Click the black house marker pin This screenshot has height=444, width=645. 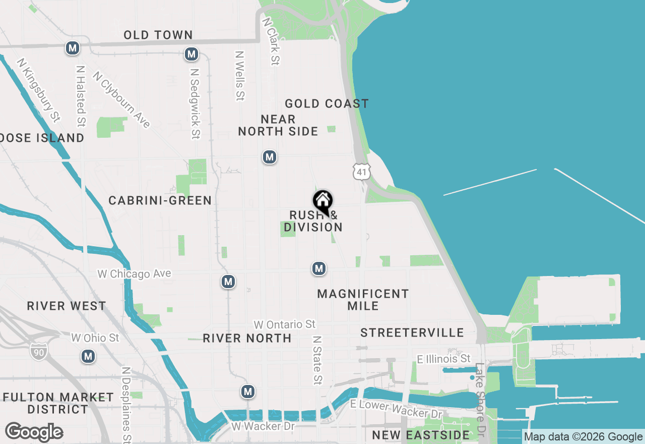(x=322, y=202)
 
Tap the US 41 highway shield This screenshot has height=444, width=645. (x=361, y=172)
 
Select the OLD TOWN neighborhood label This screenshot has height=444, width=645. (x=158, y=35)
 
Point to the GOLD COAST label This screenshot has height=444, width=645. (x=327, y=104)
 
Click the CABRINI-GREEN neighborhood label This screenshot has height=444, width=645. (x=160, y=201)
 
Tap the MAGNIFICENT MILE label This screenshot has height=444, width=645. (x=363, y=300)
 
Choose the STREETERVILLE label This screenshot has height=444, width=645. (x=412, y=332)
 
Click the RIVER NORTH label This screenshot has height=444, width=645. (x=247, y=338)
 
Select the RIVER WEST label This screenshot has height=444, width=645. (x=67, y=306)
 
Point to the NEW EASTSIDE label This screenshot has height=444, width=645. (x=421, y=435)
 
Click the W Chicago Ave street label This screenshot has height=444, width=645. (x=135, y=274)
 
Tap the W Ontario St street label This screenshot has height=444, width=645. (x=285, y=324)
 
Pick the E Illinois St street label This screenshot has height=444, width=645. (x=443, y=359)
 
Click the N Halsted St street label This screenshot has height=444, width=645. (x=81, y=96)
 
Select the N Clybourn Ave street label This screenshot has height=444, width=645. (x=121, y=100)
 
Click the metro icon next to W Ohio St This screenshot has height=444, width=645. (x=89, y=357)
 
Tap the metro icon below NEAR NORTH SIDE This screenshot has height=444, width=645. (x=270, y=157)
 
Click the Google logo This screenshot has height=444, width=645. (x=34, y=432)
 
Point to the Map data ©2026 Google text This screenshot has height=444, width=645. (x=584, y=437)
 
